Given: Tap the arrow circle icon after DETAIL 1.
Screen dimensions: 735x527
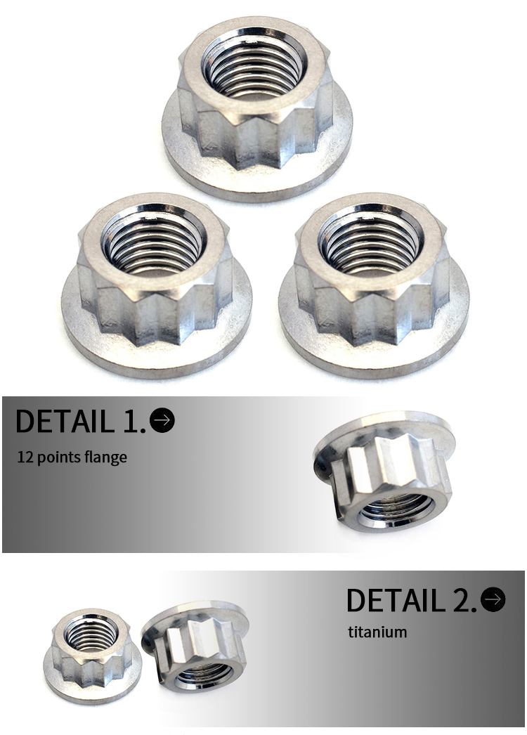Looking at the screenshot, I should (162, 419).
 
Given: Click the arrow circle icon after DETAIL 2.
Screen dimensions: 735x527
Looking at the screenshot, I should (494, 599).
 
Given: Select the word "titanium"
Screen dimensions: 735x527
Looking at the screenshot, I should (377, 632).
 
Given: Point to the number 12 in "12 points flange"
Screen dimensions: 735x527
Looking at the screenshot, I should (25, 457).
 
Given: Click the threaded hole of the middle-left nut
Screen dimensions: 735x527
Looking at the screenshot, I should (153, 244).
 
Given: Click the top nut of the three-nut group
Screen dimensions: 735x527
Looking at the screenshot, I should (256, 112).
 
